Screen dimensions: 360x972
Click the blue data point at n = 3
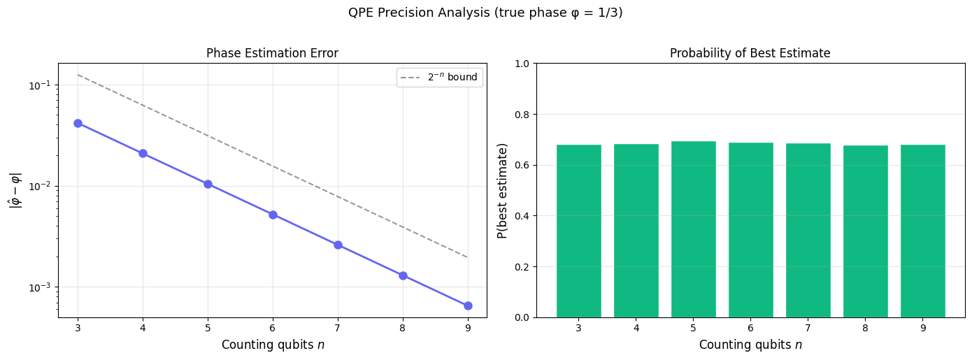[78, 123]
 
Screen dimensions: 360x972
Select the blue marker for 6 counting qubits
[273, 215]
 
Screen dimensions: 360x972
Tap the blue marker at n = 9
[468, 305]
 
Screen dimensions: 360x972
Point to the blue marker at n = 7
[338, 245]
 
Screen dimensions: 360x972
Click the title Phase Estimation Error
[272, 54]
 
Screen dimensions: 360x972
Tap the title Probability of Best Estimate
[750, 54]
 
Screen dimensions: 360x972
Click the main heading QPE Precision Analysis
[485, 13]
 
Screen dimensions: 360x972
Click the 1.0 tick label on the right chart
[522, 64]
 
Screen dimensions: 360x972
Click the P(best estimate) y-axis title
[501, 190]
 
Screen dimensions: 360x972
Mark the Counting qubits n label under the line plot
[272, 345]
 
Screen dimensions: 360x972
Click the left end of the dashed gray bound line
[78, 75]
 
